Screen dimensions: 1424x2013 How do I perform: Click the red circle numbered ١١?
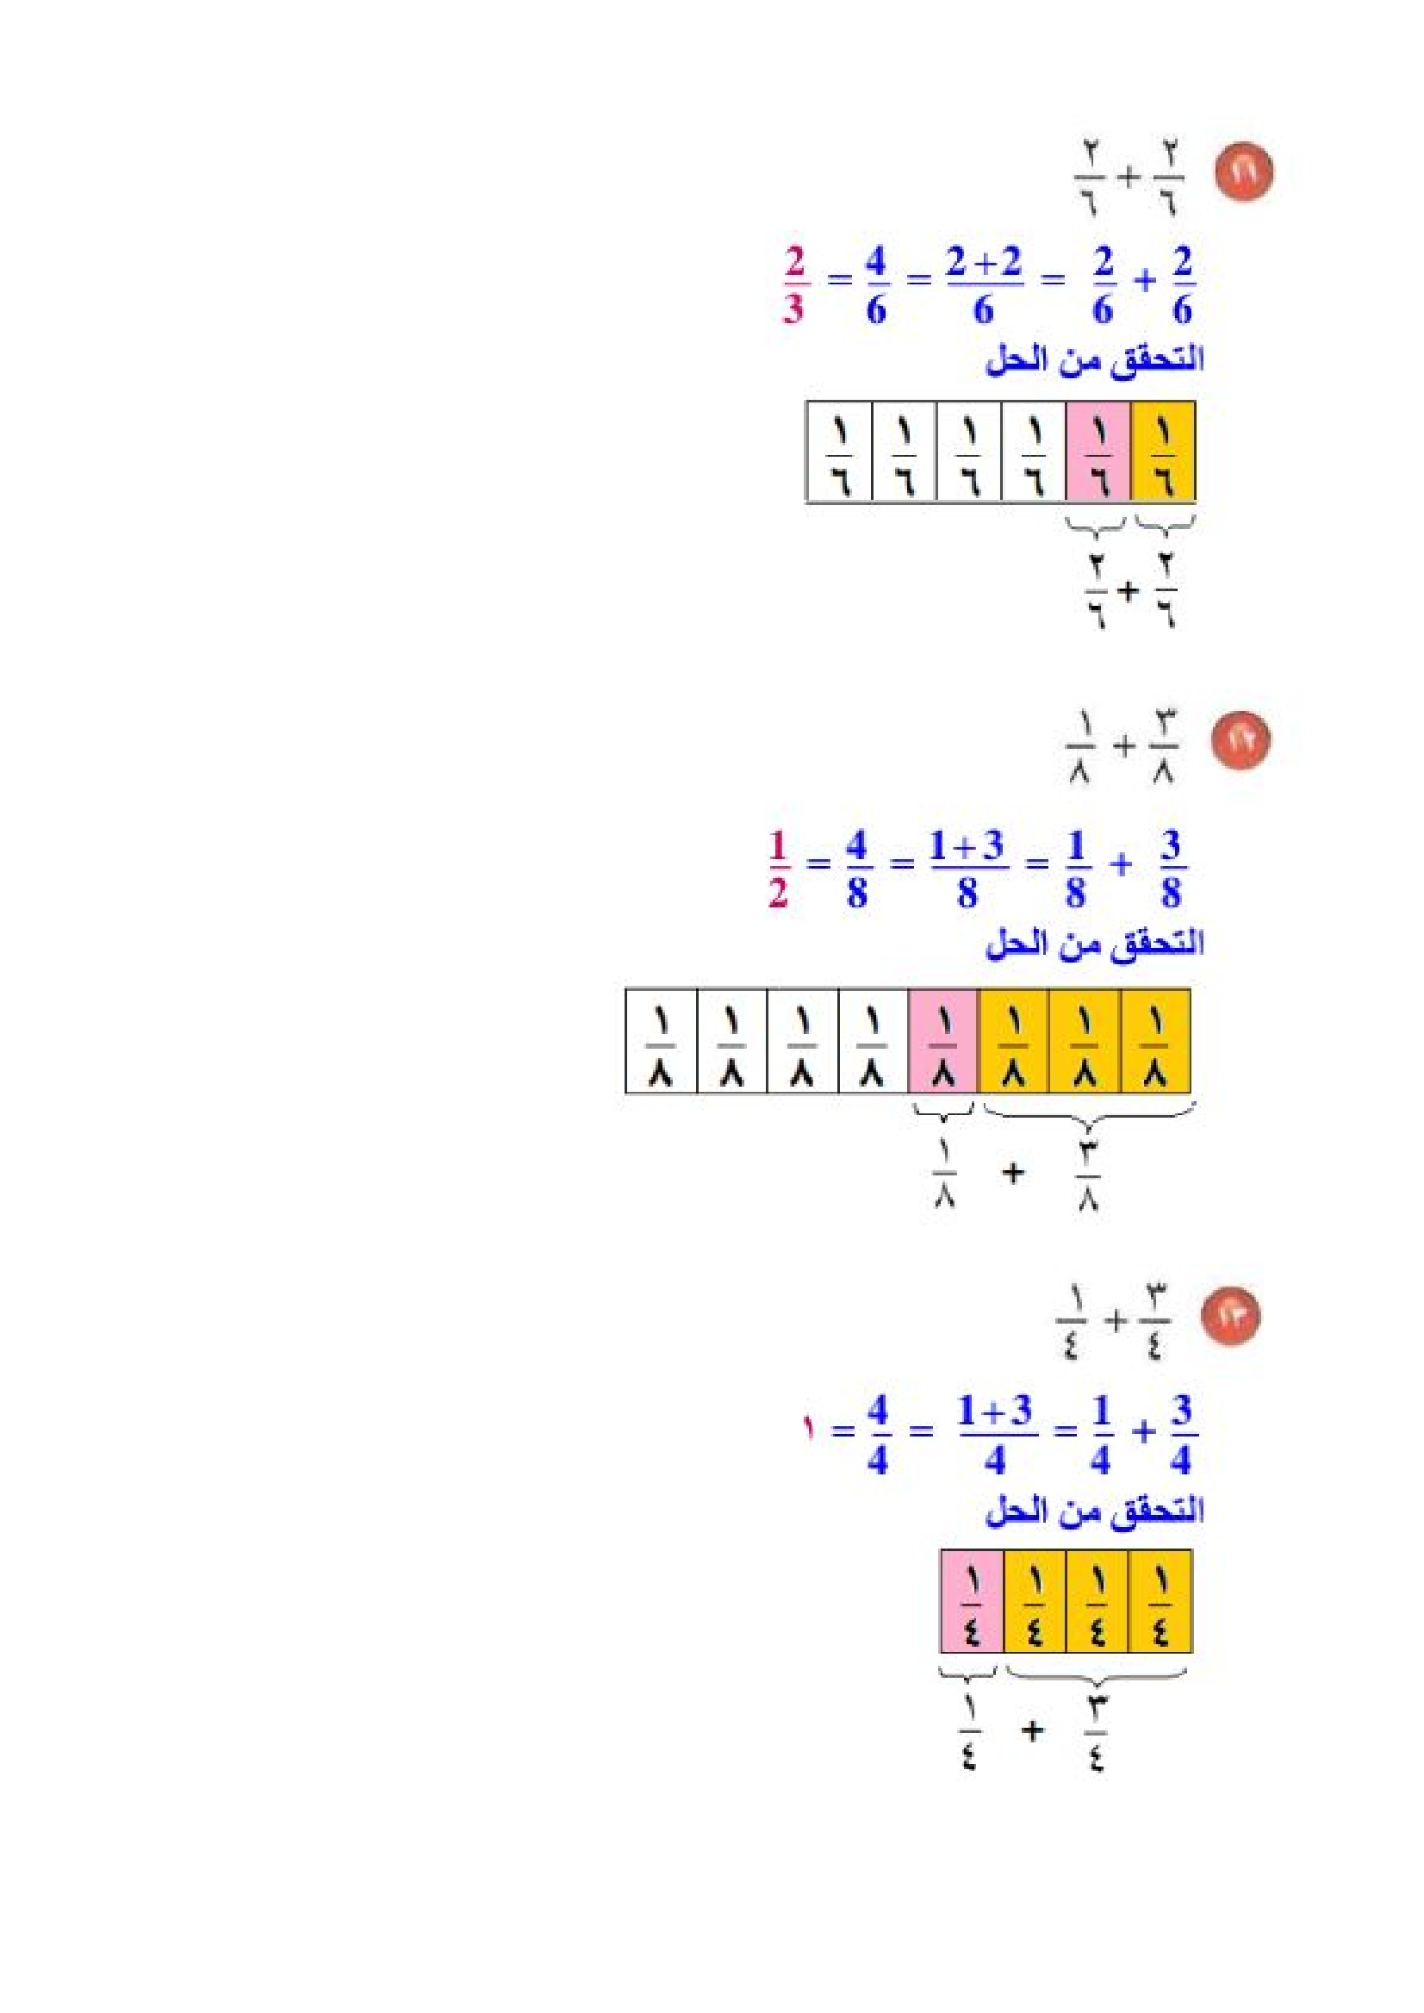coord(1243,174)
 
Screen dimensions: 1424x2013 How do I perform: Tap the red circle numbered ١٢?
coord(1241,740)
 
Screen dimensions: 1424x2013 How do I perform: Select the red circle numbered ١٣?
coord(1230,1316)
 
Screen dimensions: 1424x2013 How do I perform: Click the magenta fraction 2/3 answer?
coord(794,286)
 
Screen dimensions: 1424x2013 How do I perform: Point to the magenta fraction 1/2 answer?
coord(778,869)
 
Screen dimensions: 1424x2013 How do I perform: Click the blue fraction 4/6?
coord(876,286)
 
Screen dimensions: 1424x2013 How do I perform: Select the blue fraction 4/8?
coord(856,869)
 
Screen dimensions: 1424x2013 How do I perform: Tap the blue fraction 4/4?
coord(878,1435)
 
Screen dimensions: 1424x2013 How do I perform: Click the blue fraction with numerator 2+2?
coord(984,286)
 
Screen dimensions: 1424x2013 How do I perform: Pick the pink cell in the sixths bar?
coord(1098,452)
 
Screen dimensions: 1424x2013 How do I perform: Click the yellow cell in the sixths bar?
coord(1164,452)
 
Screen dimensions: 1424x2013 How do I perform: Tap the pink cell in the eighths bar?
coord(942,1041)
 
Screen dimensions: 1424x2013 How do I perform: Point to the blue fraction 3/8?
coord(1172,869)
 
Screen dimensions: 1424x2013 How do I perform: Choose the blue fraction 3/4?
coord(1181,1435)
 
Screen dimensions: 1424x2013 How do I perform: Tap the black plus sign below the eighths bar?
coord(1013,1172)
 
